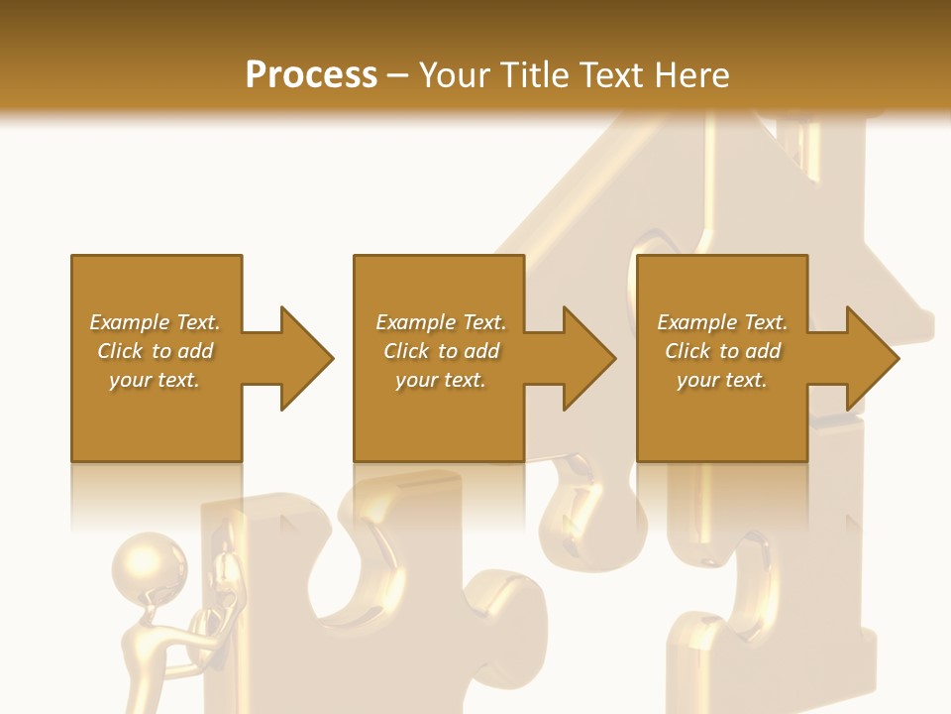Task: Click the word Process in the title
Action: (x=311, y=75)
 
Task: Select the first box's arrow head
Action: (x=306, y=358)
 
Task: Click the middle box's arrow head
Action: (x=588, y=358)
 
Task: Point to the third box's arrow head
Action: (x=872, y=358)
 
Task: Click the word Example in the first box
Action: (x=130, y=322)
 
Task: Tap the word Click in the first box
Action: (x=120, y=351)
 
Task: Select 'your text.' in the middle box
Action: (x=440, y=380)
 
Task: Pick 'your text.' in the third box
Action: (x=721, y=380)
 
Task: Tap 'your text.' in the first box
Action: (x=154, y=380)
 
